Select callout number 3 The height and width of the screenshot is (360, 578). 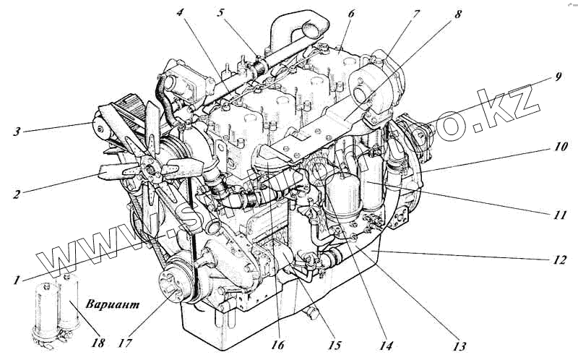click(17, 132)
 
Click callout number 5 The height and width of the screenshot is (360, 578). click(220, 12)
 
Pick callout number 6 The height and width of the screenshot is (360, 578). click(350, 12)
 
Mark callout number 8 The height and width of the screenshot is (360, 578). click(459, 12)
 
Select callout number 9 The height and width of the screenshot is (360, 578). click(558, 75)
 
